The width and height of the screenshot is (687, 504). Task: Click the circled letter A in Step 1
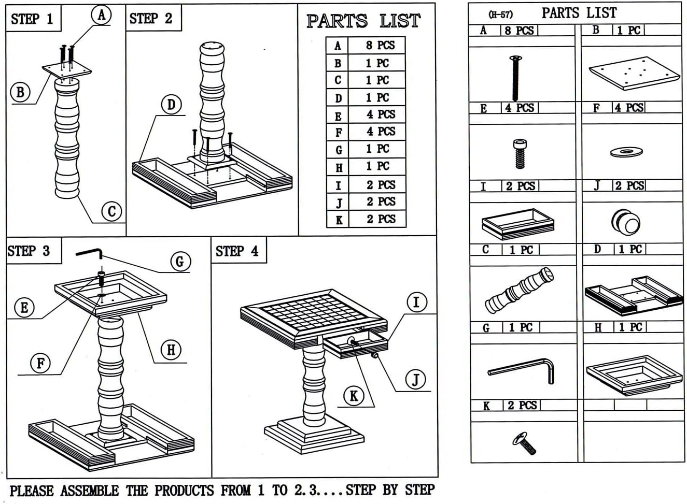point(102,15)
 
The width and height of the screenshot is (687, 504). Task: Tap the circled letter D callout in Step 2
point(171,105)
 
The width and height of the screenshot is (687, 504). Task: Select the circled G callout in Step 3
point(180,262)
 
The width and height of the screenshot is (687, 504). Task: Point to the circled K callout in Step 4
point(354,396)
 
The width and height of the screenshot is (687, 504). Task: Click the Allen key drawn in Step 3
point(89,252)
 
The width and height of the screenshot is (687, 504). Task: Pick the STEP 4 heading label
point(237,251)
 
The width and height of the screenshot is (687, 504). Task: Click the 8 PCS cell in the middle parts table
point(380,46)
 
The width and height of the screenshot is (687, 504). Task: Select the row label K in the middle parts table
point(339,220)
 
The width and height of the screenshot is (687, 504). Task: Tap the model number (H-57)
point(501,15)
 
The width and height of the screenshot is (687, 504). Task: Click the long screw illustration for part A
point(515,78)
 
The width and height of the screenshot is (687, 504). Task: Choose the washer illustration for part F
point(626,152)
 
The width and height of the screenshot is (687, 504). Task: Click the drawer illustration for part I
point(517,224)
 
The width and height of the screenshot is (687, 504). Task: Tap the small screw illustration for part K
point(524,443)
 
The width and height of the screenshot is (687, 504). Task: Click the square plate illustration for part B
point(634,73)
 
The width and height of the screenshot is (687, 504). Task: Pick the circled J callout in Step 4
point(415,379)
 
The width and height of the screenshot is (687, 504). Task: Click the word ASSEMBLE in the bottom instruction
point(90,491)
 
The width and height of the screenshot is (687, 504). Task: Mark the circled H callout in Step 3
point(171,350)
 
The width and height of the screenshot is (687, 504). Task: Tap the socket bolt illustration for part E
point(520,154)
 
